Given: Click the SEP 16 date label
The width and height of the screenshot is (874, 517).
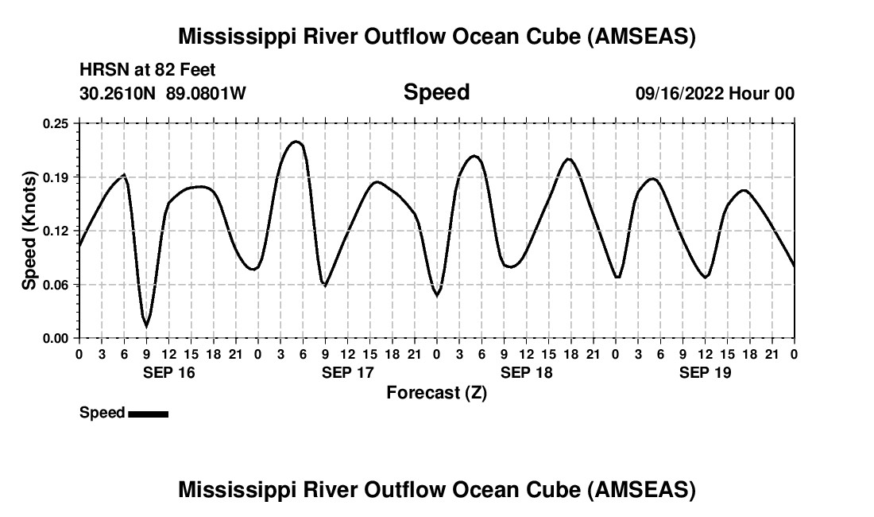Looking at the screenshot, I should click(x=168, y=372).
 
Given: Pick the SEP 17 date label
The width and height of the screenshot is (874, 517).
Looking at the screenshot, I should click(x=347, y=372).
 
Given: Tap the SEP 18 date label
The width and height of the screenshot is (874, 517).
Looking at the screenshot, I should click(x=526, y=372).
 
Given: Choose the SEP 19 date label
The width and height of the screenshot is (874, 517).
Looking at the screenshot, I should click(x=705, y=372).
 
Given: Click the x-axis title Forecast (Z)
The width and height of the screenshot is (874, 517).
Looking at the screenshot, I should click(x=436, y=392).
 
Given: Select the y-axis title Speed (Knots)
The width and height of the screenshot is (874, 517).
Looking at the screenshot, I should click(x=29, y=230).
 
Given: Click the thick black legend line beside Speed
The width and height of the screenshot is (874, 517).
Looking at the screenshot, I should click(x=148, y=414).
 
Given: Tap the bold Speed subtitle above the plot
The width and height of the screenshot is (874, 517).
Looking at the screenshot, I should click(x=436, y=92).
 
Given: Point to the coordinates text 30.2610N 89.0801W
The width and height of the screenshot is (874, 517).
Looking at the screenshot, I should click(x=163, y=93).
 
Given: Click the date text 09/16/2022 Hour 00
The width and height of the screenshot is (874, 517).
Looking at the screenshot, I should click(x=714, y=93).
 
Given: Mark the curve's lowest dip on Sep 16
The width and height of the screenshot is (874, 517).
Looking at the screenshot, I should click(x=146, y=326).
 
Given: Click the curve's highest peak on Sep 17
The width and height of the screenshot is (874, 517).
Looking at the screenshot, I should click(x=296, y=142).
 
